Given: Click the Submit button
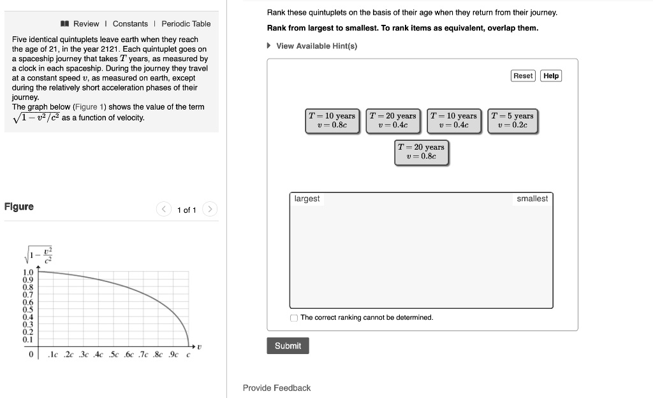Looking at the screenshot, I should [288, 346].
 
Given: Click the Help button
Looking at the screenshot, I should [551, 76].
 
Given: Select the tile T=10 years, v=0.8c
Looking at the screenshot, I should [332, 120].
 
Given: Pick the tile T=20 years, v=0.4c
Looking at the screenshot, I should [393, 120].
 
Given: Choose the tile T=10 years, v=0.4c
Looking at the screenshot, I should [453, 120].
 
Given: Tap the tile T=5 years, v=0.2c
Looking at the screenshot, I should [512, 120].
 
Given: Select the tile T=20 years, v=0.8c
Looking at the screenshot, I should [421, 152].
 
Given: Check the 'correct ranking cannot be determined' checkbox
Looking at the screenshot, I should [294, 318].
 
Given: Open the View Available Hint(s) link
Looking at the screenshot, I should [316, 46].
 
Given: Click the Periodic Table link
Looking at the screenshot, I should [186, 24].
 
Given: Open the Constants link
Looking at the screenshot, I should [130, 24].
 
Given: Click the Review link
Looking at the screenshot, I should [85, 24].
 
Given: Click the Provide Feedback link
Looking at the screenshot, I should [277, 388].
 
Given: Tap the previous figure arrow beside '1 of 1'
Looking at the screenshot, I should [164, 209].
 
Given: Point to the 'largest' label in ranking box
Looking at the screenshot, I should [307, 199].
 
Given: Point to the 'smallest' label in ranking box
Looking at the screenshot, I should [532, 199].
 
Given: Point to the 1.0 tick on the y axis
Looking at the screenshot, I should [28, 272].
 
